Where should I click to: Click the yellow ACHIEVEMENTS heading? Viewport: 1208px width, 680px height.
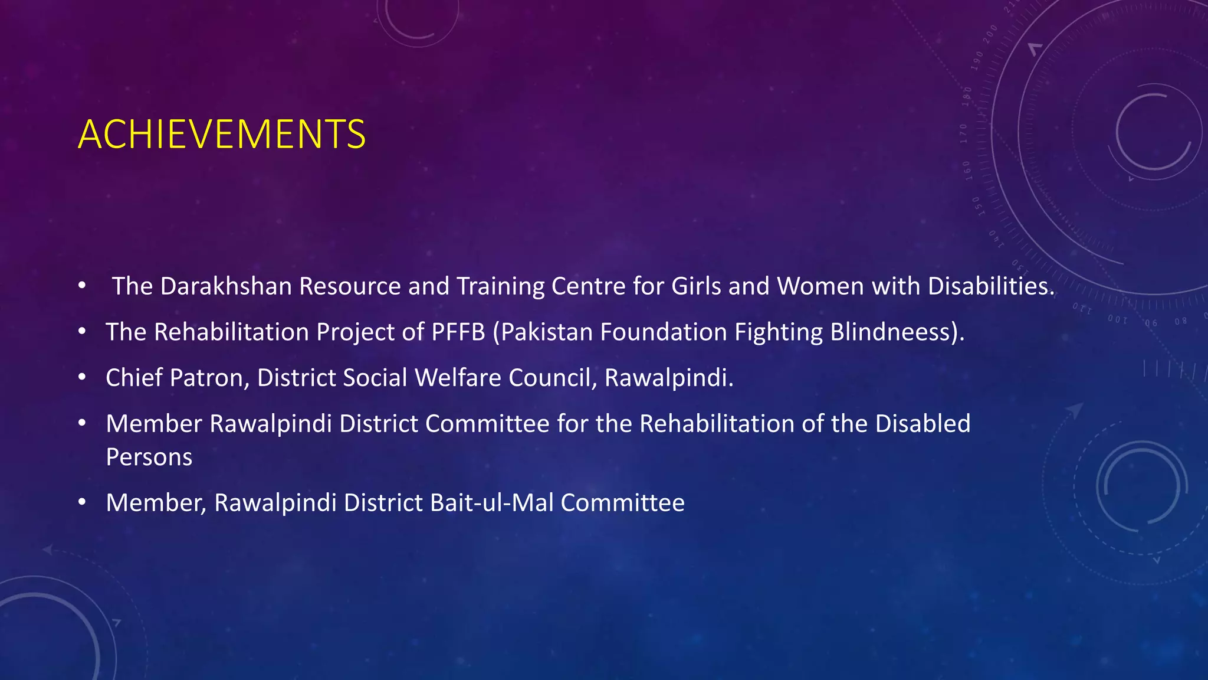click(x=222, y=134)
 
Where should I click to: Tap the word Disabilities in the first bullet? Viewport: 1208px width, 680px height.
click(x=990, y=286)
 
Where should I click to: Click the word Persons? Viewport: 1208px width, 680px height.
click(x=149, y=457)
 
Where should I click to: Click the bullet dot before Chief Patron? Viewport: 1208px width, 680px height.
click(x=83, y=377)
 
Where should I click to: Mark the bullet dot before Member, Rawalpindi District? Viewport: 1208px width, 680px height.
click(x=83, y=502)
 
